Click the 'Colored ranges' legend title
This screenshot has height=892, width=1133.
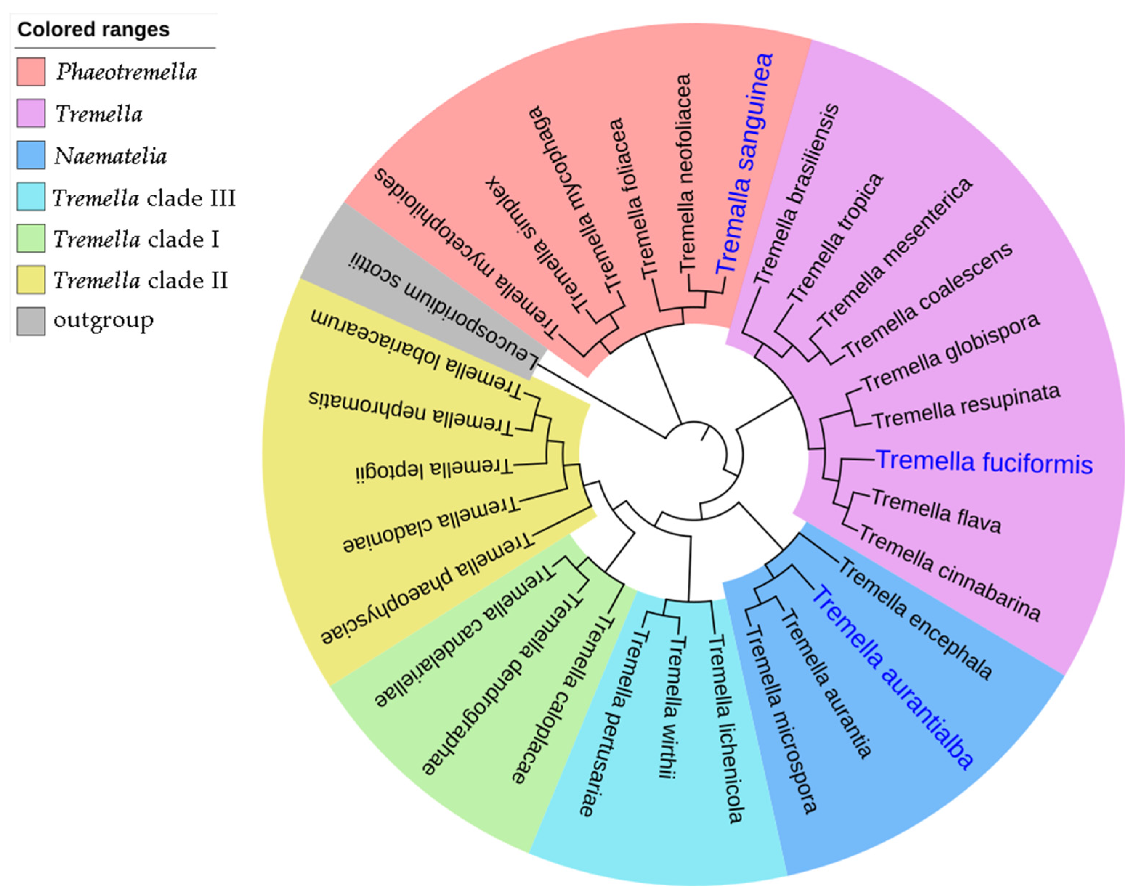click(94, 29)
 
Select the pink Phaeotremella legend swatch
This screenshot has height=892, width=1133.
click(31, 72)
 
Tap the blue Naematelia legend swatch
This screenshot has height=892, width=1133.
click(31, 155)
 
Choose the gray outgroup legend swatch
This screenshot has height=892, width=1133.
click(31, 321)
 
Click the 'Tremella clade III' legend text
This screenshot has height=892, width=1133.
click(144, 198)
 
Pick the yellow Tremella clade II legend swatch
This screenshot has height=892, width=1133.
click(31, 280)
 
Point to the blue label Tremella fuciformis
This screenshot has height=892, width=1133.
click(984, 462)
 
